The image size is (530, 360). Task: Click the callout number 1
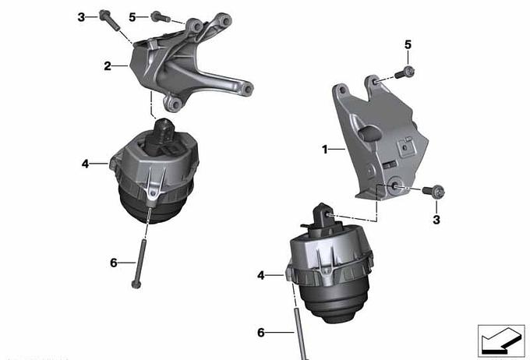[x=325, y=149]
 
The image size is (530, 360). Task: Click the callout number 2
[x=108, y=66]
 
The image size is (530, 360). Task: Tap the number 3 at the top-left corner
[x=81, y=17]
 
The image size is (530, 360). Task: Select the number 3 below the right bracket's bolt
[x=436, y=220]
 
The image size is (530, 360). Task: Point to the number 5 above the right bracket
[x=408, y=44]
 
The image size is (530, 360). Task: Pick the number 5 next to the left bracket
[x=132, y=17]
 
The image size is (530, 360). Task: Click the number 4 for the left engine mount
[x=85, y=164]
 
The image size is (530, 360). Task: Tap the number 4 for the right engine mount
[x=260, y=276]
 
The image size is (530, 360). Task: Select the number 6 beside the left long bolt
[x=114, y=263]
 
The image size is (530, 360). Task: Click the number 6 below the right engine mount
[x=260, y=333]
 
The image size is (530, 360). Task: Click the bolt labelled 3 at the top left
[x=110, y=20]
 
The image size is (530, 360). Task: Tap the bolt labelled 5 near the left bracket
[x=161, y=17]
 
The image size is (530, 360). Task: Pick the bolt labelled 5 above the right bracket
[x=405, y=73]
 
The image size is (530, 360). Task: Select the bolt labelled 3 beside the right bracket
[x=433, y=192]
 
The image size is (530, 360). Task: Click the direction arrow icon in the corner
[x=501, y=341]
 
